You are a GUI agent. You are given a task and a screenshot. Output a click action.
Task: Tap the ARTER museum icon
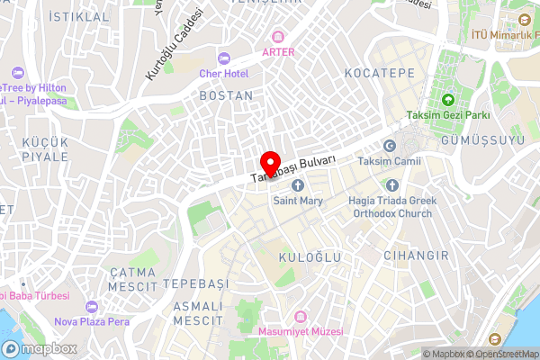click(279, 37)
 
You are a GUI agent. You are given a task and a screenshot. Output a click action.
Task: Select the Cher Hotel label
click(224, 73)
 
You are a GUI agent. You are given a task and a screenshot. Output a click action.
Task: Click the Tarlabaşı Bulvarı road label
click(292, 168)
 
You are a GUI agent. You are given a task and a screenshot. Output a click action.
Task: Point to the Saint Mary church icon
click(298, 184)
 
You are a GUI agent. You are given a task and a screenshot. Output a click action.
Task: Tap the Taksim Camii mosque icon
click(390, 146)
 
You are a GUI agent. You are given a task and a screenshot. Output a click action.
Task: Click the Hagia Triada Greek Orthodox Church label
click(391, 208)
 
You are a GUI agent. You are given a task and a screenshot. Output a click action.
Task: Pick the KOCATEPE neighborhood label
click(378, 70)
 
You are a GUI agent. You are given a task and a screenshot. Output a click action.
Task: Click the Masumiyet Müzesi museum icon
click(301, 318)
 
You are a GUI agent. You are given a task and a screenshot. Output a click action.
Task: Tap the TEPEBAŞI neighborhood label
click(196, 283)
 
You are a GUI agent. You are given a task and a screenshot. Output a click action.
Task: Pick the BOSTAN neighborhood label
click(225, 94)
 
